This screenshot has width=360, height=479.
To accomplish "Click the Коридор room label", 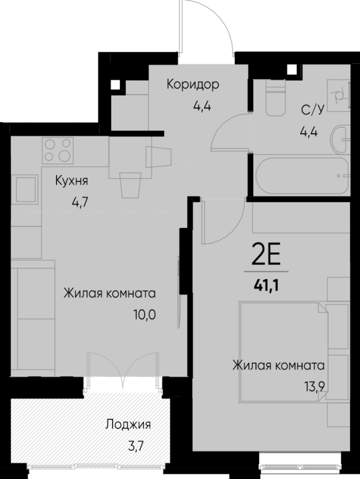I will point(193,84).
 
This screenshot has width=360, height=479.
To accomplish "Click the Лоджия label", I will point(128,425).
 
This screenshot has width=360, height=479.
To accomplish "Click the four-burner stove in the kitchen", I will point(57,150).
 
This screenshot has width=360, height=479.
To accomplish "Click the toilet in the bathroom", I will point(276,102).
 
